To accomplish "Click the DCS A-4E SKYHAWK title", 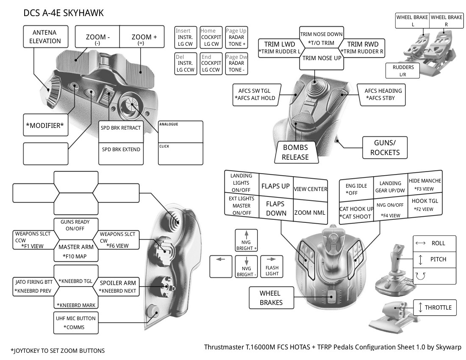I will (64, 13).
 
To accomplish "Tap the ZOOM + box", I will (144, 39).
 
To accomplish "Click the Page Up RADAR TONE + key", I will (236, 37).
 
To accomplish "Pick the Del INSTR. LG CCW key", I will (186, 63).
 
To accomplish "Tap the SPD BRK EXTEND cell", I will (120, 150).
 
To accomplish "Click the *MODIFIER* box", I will (45, 125).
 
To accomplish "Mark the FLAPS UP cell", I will (275, 186).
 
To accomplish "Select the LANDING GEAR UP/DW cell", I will (390, 186).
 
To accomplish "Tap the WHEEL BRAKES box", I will (270, 297).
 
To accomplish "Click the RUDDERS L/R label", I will (403, 71).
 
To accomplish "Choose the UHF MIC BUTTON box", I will (76, 322).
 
